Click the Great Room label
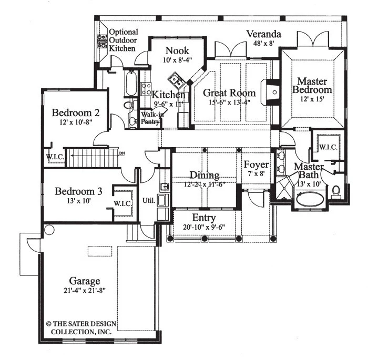point(229,93)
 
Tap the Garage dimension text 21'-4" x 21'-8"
point(85,291)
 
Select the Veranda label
point(263,34)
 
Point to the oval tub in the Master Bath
point(310,200)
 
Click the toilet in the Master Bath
point(336,192)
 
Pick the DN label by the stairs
point(122,153)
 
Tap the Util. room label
point(149,201)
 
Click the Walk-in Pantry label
point(151,118)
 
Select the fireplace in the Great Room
point(271,92)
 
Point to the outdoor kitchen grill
point(103,42)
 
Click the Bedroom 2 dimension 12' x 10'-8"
point(76,122)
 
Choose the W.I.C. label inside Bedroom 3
point(122,203)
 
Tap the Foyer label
point(256,164)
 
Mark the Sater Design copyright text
point(81,328)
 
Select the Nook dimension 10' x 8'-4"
point(178,60)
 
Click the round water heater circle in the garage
point(49,230)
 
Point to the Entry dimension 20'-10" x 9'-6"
point(204,227)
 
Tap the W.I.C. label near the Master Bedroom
point(329,147)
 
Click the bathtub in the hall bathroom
point(131,84)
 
